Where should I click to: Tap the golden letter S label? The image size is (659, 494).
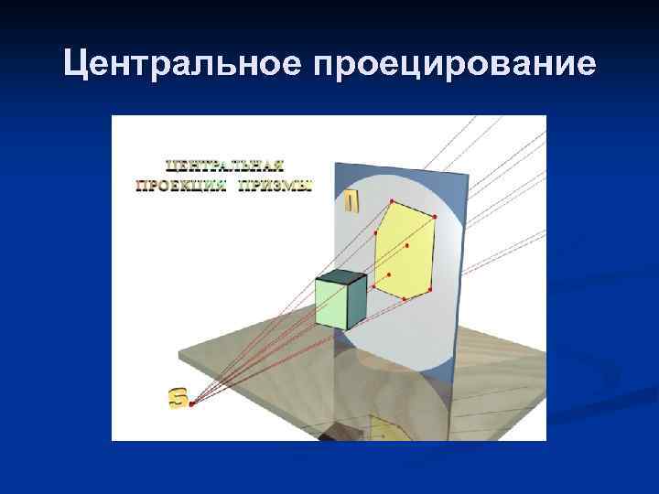click(178, 397)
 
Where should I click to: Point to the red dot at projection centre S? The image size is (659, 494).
click(191, 404)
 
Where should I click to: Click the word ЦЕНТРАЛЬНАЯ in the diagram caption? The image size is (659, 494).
click(225, 166)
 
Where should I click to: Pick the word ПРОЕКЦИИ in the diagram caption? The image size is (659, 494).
click(183, 186)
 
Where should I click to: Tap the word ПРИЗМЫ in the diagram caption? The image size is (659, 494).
click(277, 186)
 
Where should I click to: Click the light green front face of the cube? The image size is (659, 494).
click(330, 303)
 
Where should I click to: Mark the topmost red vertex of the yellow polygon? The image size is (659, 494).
click(391, 200)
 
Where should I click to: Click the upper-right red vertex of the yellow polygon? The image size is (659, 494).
click(435, 217)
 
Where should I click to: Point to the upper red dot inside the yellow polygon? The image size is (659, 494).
click(406, 246)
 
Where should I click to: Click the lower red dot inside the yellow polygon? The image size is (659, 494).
click(389, 274)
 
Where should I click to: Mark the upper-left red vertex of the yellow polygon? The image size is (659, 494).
click(375, 233)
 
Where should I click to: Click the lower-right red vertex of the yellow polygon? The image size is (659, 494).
click(428, 286)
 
